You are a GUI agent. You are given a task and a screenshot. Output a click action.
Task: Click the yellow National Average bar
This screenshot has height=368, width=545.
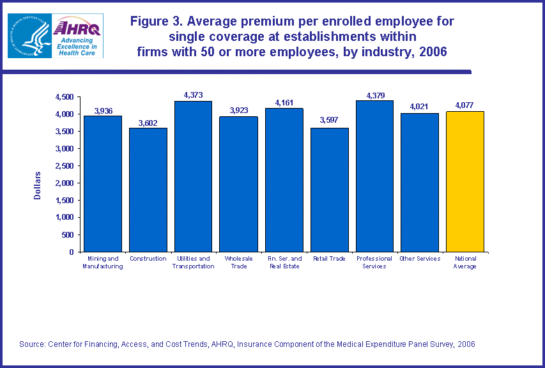tap(465, 181)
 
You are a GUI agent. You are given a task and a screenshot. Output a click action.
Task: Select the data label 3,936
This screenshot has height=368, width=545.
tap(104, 111)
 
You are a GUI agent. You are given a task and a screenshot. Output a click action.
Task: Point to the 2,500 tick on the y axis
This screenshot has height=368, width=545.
tap(65, 165)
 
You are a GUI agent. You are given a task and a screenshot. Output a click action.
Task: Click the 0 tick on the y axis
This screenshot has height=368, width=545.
tap(70, 252)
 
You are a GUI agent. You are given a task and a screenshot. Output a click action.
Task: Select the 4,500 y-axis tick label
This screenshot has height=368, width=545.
tap(65, 96)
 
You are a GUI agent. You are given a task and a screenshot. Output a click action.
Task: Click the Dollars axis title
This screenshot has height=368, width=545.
tap(37, 185)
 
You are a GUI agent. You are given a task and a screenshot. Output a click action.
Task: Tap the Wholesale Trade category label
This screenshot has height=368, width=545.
tap(238, 262)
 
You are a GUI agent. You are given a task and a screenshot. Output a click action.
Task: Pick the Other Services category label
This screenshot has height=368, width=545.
tap(420, 259)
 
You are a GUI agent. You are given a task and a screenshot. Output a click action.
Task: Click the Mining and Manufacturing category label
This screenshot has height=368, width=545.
tap(102, 262)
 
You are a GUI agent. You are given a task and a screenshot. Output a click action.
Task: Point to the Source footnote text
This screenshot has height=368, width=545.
tap(247, 344)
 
